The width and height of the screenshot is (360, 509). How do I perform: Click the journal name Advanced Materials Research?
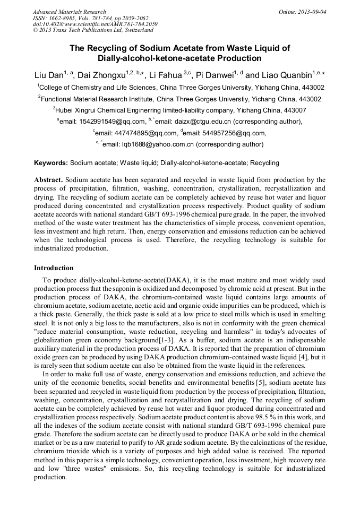coord(69,12)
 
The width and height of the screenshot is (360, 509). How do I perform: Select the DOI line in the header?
coord(95,24)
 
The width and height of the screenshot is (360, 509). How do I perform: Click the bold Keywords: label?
coord(51,163)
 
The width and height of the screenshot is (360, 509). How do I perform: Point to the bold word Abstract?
coord(48,180)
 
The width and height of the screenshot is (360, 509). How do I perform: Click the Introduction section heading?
coord(54,268)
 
